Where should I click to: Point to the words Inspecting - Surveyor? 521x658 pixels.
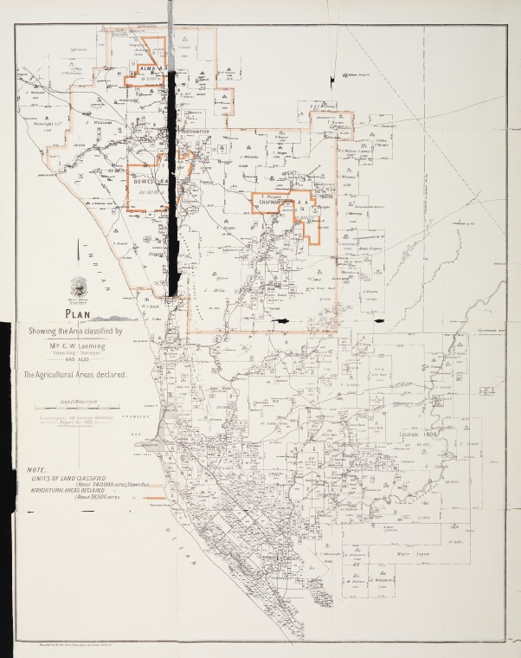pos(79,354)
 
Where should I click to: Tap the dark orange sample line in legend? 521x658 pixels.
pos(155,498)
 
